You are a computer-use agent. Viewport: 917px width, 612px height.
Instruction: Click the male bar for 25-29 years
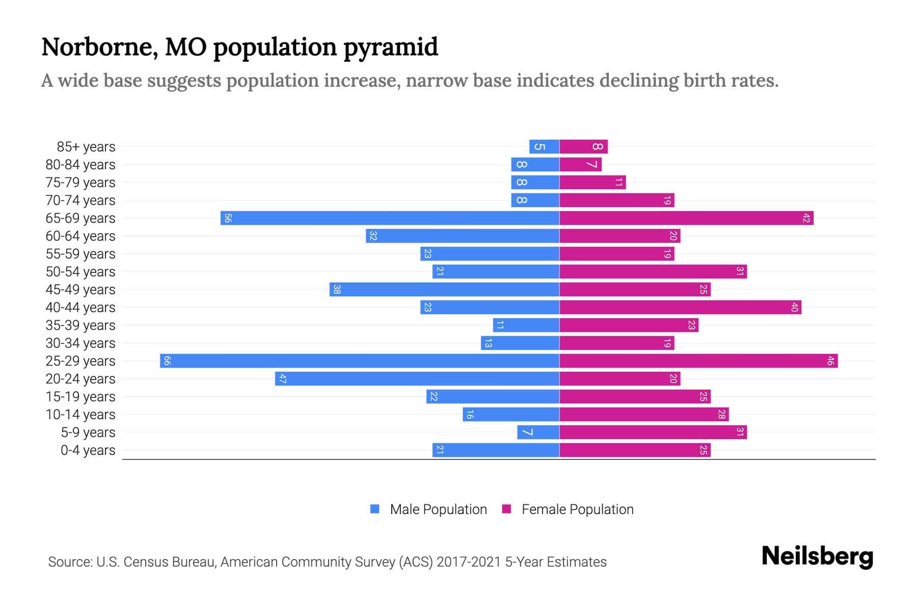pos(359,361)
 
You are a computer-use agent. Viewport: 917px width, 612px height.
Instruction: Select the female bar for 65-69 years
pos(686,218)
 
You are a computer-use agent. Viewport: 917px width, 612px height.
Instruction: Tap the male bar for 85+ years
pos(544,147)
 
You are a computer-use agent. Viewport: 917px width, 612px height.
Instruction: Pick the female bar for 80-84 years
pos(580,165)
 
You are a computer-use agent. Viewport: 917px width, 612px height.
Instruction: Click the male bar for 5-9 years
pos(538,432)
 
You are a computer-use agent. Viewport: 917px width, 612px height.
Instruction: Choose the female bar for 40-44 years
pos(680,308)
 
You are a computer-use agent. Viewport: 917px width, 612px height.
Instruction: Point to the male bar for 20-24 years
pos(417,379)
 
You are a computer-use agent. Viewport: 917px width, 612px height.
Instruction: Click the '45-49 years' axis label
pos(80,290)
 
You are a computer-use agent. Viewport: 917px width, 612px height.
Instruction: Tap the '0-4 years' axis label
pos(88,450)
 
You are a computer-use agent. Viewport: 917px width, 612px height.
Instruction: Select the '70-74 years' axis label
pos(80,200)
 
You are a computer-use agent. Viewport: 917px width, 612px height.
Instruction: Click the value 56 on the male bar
pos(228,218)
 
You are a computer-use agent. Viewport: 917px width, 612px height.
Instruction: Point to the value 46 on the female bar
pos(830,361)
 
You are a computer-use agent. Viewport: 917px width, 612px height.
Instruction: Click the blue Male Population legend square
pos(375,509)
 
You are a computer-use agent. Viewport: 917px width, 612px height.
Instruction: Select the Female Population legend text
pos(577,509)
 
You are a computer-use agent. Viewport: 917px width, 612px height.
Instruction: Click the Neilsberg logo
pos(817,556)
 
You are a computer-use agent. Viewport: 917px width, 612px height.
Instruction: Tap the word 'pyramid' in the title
pos(390,47)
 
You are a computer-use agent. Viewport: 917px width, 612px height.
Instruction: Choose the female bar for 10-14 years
pos(644,415)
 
